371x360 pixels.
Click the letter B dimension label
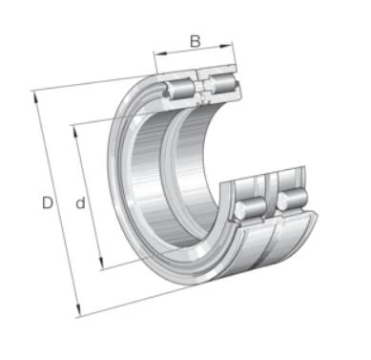(196, 41)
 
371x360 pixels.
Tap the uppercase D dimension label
(48, 202)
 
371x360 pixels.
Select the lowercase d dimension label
(80, 202)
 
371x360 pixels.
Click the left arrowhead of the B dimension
(159, 53)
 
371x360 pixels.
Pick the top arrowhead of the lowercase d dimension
(75, 132)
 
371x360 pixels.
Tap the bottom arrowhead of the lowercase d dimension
(101, 264)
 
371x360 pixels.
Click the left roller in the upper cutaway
(178, 89)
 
